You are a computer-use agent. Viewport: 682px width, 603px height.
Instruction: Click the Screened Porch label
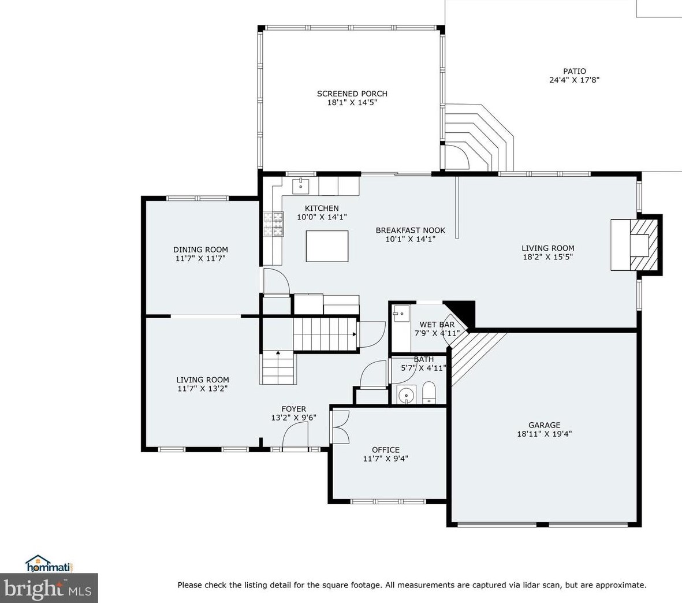point(352,94)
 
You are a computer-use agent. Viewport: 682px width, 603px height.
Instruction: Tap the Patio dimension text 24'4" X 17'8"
point(575,80)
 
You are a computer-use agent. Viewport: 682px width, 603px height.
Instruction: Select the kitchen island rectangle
point(327,246)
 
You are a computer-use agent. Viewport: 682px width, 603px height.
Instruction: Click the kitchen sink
point(300,186)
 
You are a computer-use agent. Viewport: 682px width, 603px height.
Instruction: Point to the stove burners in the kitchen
point(273,224)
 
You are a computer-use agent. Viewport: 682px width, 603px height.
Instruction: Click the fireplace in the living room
point(636,245)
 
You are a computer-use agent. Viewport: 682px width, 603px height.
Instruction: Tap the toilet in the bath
point(428,393)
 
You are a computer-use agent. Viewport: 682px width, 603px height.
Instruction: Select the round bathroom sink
point(407,394)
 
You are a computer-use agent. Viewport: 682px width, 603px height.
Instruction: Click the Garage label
point(544,425)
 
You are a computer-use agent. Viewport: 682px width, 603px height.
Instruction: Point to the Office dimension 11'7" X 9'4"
point(385,459)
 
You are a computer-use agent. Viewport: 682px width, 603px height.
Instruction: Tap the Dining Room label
point(200,250)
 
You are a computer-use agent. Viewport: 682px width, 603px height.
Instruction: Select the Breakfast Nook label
point(411,230)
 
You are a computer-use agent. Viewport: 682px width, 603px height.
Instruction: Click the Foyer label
point(293,409)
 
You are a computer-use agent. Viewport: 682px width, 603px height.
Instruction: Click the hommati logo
point(49,564)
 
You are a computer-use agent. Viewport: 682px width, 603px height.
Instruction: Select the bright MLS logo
point(49,588)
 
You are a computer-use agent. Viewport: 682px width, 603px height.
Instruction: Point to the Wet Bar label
point(437,325)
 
